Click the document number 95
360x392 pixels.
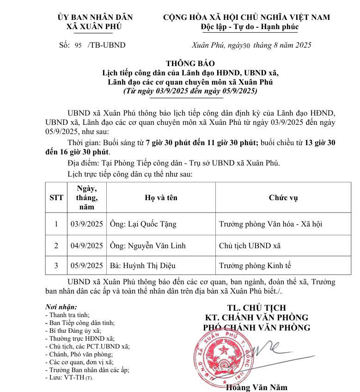click(78, 45)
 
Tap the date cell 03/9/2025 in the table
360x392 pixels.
click(86, 224)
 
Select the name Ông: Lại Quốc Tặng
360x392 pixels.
click(143, 224)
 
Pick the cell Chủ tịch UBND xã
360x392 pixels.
click(250, 245)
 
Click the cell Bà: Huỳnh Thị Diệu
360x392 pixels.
click(142, 265)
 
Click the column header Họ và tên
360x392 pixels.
click(161, 198)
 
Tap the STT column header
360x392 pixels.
click(56, 198)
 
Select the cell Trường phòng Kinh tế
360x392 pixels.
click(255, 265)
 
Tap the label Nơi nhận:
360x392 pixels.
click(61, 307)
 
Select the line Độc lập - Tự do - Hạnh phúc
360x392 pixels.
click(250, 27)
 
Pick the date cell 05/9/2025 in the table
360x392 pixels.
click(86, 265)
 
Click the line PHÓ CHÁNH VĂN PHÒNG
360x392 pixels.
click(256, 328)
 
